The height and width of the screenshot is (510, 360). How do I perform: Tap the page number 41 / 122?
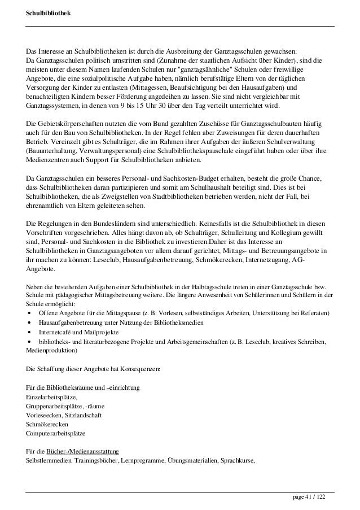pos(309,497)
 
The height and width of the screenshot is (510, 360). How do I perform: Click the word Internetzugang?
pos(257,260)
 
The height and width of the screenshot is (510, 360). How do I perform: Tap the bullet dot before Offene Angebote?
pos(29,313)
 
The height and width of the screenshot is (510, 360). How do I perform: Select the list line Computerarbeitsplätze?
pos(58,434)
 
